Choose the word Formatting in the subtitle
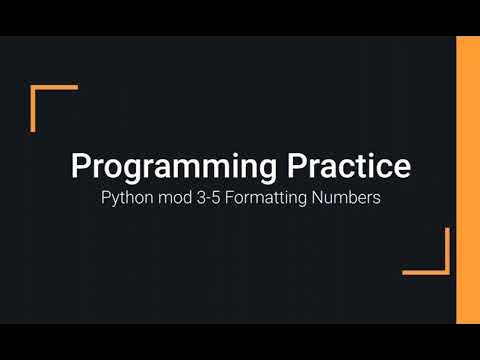tap(267, 198)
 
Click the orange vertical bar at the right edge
tap(467, 180)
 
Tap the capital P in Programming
tap(79, 166)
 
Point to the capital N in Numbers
tap(315, 198)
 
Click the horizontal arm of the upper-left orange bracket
tap(55, 88)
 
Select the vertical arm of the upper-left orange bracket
tap(33, 108)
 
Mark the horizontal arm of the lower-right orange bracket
tap(425, 271)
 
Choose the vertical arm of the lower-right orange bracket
tap(447, 250)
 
